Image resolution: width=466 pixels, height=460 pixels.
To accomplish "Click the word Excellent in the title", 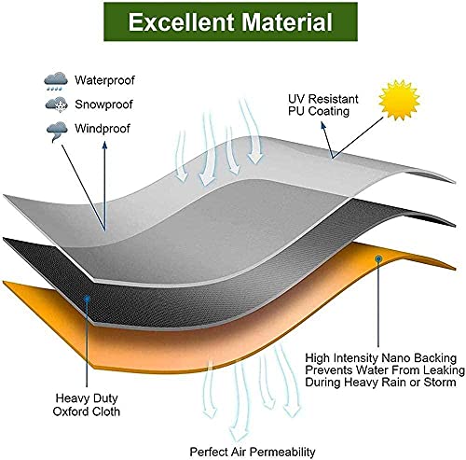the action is coord(181,21).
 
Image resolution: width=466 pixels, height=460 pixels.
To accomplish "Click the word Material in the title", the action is coord(287,21).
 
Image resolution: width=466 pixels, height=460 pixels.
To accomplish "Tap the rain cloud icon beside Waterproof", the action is coord(56,81).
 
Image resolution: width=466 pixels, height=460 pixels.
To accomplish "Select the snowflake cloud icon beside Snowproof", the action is coord(57,105).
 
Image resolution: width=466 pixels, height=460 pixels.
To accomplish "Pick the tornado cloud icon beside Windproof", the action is coord(57,132).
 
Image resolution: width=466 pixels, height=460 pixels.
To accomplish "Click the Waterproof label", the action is coord(104,80).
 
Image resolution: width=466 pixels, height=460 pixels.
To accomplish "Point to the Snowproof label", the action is coord(103,105).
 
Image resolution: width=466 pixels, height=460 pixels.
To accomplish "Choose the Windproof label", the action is coord(103,129).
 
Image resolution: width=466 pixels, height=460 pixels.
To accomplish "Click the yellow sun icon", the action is coord(399,100).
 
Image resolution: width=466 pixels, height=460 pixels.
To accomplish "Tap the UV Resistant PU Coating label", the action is coord(323,105).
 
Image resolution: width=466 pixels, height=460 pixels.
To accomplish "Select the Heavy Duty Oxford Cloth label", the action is coord(87,405).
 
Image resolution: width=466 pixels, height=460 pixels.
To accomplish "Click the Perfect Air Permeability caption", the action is coord(253,452).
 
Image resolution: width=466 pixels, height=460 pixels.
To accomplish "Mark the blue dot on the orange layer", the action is coord(378,258).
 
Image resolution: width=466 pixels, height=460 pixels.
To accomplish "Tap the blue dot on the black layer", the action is coord(88,299).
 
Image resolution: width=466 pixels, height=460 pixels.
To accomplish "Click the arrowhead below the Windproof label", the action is coord(104,146).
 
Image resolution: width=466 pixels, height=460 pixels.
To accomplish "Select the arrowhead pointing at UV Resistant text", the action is coord(323,125).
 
